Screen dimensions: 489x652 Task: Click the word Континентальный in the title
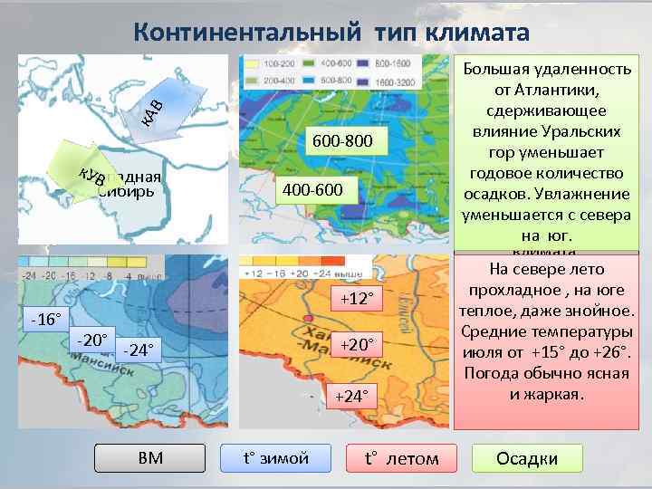235,32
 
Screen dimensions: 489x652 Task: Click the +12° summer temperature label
357,299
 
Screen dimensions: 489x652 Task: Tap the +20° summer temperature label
357,344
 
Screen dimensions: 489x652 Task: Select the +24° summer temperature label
354,395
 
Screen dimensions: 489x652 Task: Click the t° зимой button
276,458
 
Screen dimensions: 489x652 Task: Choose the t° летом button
400,458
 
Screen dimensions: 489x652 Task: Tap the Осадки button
527,458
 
